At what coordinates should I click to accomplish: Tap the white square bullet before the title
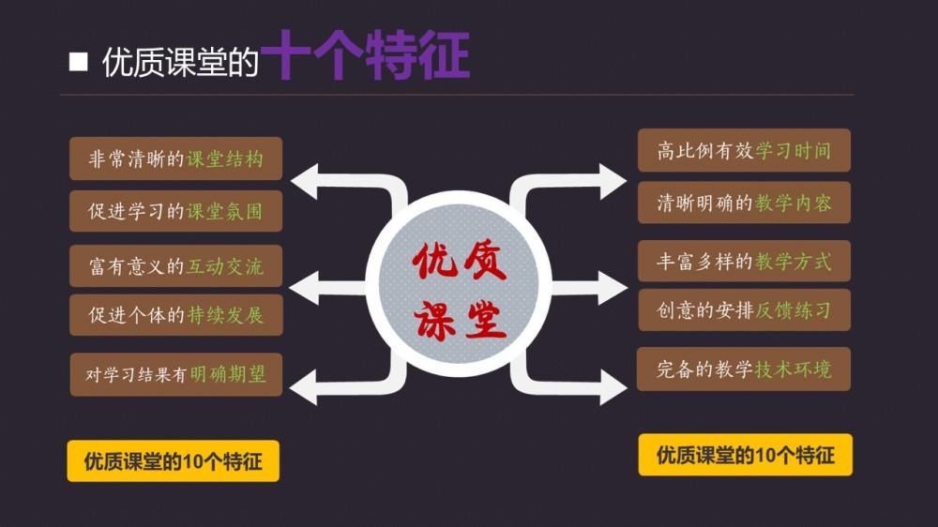point(79,62)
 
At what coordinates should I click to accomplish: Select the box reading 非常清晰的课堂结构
point(176,159)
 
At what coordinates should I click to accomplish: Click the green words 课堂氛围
point(225,212)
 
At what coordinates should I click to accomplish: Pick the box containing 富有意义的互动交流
point(176,267)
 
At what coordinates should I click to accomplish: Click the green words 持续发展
point(225,315)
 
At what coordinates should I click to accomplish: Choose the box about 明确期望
point(176,374)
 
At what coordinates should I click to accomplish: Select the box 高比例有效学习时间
point(744,151)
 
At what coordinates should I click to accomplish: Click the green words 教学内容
point(794,203)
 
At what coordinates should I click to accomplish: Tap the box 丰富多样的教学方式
point(744,261)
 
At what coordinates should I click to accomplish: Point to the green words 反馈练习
point(794,310)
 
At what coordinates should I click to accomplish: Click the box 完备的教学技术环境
point(744,369)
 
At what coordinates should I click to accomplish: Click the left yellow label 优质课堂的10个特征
point(173,461)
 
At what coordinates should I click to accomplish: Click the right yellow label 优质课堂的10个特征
point(745,455)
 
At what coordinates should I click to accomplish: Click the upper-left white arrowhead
point(306,180)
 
